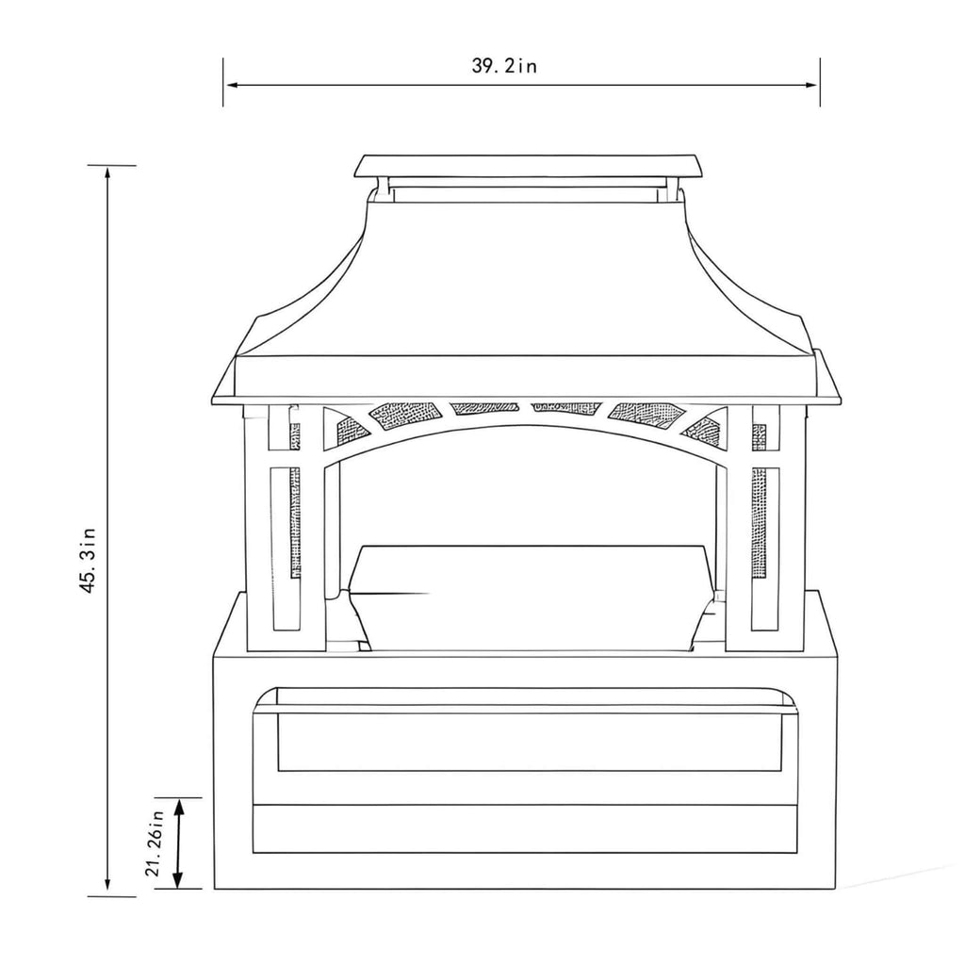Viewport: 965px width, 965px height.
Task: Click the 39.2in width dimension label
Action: (504, 66)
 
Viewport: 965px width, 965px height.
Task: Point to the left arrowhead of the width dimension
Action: (230, 85)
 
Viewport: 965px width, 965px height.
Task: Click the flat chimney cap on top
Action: (529, 167)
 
